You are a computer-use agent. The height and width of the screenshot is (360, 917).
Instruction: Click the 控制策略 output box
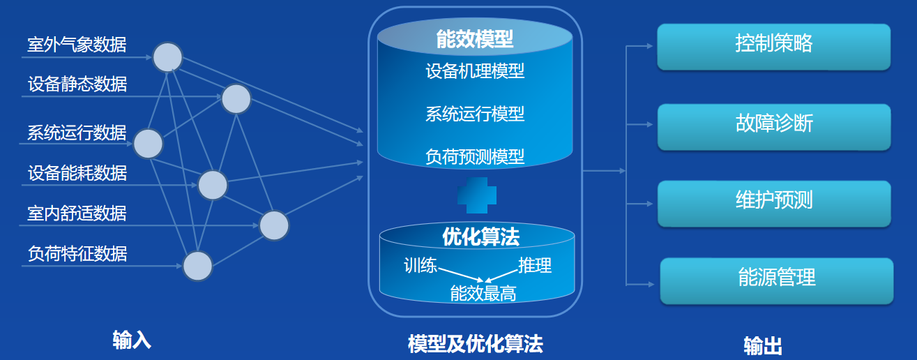point(773,46)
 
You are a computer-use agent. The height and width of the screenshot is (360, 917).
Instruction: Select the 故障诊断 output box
point(773,126)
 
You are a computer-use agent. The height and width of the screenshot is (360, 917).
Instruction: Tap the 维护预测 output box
point(773,203)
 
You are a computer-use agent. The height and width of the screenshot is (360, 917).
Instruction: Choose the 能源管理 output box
point(776,280)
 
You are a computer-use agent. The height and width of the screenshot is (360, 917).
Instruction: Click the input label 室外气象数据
point(77,45)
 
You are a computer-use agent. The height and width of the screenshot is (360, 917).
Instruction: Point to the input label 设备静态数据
point(77,85)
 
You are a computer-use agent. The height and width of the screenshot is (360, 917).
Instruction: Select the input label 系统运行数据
point(77,133)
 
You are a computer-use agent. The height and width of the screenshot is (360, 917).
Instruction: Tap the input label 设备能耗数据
point(77,172)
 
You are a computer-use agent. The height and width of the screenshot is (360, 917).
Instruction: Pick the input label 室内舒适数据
point(77,213)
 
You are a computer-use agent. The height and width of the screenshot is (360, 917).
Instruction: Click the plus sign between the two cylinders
point(476,195)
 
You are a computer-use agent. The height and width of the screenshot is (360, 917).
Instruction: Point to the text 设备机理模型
point(475,71)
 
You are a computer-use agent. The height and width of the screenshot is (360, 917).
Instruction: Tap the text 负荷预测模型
point(475,156)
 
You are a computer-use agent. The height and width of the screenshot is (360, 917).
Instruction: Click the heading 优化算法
point(480,237)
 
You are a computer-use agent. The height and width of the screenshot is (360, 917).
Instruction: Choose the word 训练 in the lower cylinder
point(420,266)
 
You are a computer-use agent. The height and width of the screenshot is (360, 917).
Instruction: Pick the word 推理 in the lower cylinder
point(535,266)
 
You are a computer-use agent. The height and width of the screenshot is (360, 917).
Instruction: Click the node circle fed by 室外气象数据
point(167,57)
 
